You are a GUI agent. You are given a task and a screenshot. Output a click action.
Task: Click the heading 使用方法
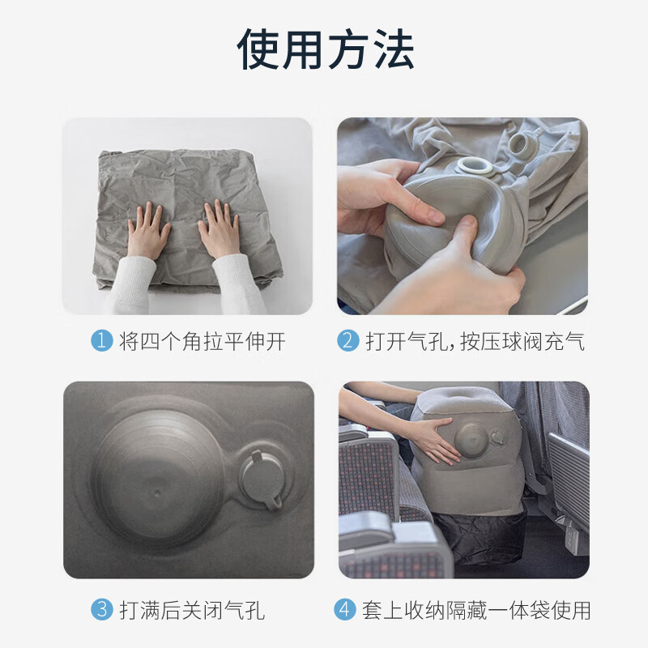[x=325, y=50]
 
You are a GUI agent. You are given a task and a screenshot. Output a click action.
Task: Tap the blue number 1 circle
[x=101, y=341]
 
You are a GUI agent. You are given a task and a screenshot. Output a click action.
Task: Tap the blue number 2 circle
[x=348, y=341]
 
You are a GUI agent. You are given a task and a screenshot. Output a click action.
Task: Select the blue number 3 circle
[x=101, y=609]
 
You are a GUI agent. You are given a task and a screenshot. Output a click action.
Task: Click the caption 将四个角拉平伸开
[x=202, y=341]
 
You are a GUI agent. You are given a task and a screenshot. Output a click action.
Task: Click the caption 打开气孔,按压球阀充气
[x=474, y=341]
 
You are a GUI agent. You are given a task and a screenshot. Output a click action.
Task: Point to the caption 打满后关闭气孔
[x=191, y=609]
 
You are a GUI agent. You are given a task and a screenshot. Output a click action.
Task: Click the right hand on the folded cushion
[x=219, y=229]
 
